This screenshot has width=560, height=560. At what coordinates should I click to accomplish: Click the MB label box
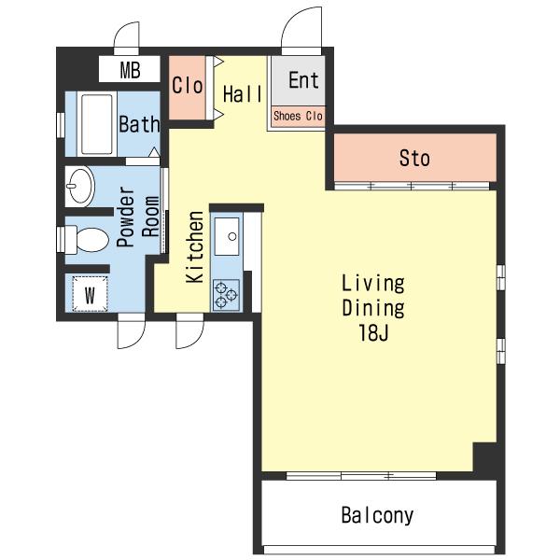coord(130,69)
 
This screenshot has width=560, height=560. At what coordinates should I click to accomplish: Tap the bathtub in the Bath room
coord(97,124)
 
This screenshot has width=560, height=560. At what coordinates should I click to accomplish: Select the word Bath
coord(139,124)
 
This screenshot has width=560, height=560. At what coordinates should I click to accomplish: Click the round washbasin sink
coord(80,186)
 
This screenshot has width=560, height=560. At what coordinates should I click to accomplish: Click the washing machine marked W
coord(90,294)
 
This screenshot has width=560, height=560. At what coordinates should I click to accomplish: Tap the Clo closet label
coord(188,86)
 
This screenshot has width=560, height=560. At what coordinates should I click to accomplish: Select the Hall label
coord(243,94)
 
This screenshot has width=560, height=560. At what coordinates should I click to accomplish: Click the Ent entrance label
coord(303,80)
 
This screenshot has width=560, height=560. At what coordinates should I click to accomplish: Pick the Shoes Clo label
coord(298,116)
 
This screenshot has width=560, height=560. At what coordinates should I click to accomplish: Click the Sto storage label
coord(414,158)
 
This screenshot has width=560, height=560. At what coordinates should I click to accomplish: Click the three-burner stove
coord(226,295)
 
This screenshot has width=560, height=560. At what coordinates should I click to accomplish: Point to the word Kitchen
coord(195,247)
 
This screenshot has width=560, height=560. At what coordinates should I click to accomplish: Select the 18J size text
coord(373,333)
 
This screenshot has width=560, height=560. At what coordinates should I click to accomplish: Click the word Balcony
coord(377,515)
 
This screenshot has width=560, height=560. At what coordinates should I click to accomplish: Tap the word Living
coord(373,284)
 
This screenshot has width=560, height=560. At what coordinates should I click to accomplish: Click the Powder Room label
coord(137,217)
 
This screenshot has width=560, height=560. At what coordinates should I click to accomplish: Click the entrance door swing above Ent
coord(301,30)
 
